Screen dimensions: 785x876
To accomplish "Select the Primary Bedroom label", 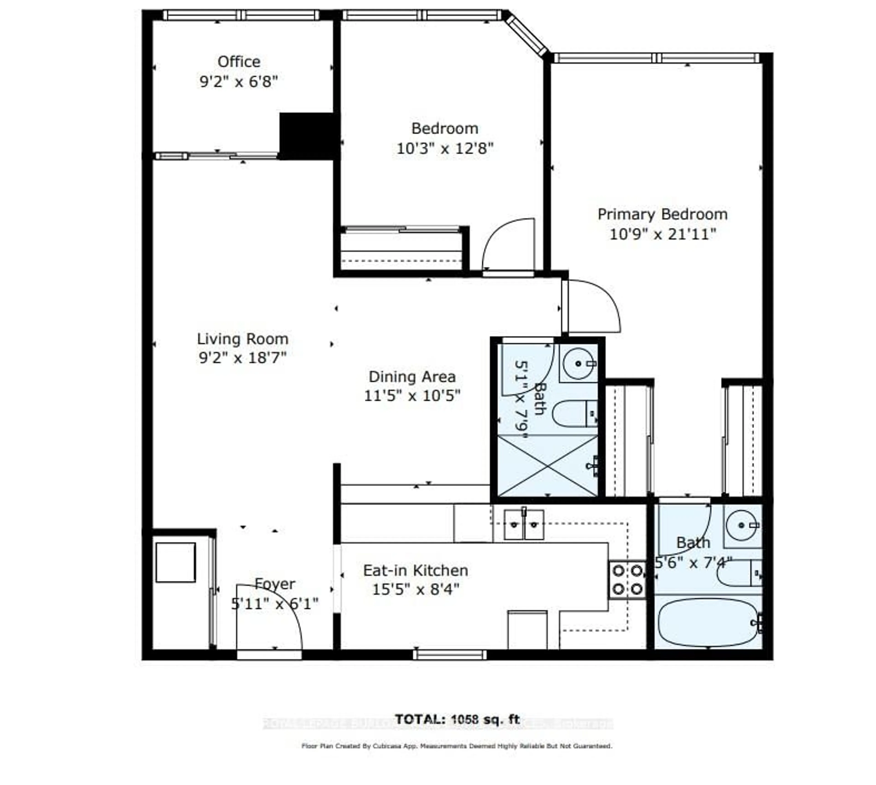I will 662,214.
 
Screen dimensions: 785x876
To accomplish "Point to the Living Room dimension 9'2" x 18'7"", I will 242,358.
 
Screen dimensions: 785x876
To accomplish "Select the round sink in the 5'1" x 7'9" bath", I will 578,364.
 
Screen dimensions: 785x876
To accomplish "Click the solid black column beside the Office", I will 307,136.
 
